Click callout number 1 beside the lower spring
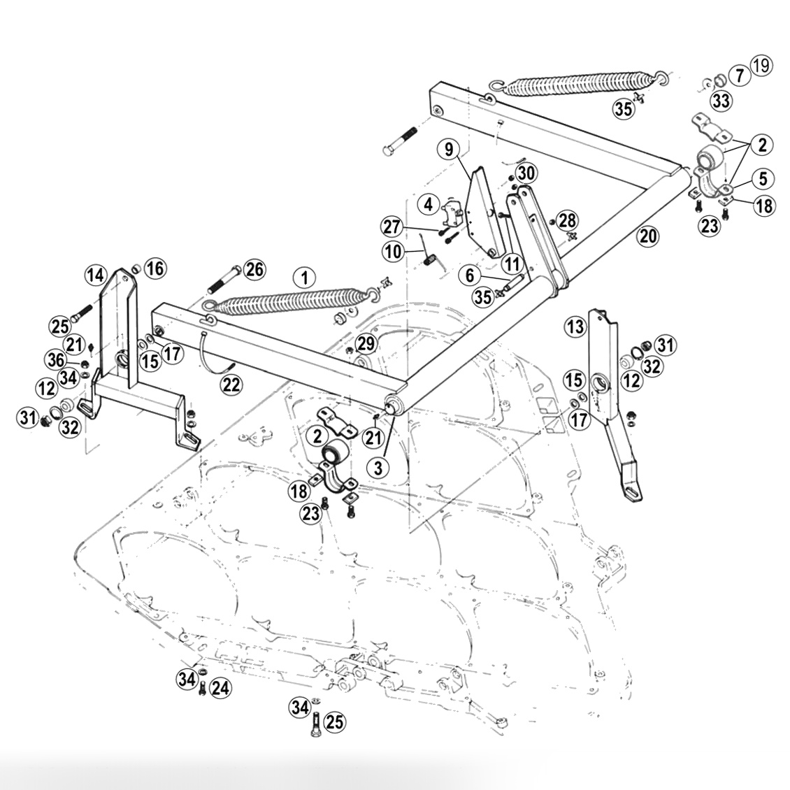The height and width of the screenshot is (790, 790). pyautogui.click(x=304, y=277)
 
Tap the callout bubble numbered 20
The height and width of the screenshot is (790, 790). pyautogui.click(x=648, y=236)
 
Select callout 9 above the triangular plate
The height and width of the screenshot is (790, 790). pyautogui.click(x=448, y=149)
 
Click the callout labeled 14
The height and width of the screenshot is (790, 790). pyautogui.click(x=95, y=275)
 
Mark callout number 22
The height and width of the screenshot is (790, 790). pyautogui.click(x=232, y=382)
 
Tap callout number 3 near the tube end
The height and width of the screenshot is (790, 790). pyautogui.click(x=378, y=468)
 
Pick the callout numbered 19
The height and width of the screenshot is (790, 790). pyautogui.click(x=761, y=66)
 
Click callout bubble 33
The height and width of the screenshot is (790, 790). pyautogui.click(x=721, y=101)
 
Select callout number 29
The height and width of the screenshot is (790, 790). pyautogui.click(x=366, y=343)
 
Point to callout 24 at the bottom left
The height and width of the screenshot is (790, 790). pyautogui.click(x=220, y=688)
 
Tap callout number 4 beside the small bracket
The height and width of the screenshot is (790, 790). pyautogui.click(x=429, y=204)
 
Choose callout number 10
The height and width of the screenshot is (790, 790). pyautogui.click(x=393, y=250)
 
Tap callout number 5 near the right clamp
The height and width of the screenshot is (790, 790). pyautogui.click(x=762, y=178)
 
